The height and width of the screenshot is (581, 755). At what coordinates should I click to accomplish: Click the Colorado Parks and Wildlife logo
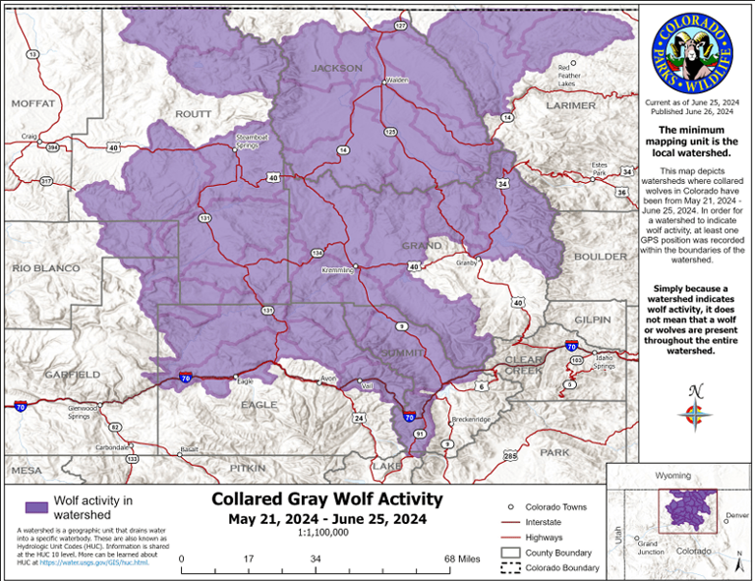[692, 48]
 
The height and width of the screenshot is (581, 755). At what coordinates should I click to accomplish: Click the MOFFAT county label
[34, 103]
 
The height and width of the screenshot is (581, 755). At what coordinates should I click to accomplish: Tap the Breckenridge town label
[470, 420]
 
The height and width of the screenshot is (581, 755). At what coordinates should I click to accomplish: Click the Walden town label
[396, 80]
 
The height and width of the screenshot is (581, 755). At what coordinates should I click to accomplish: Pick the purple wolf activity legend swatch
[35, 506]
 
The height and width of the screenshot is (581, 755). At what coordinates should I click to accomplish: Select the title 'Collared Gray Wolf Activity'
[327, 499]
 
